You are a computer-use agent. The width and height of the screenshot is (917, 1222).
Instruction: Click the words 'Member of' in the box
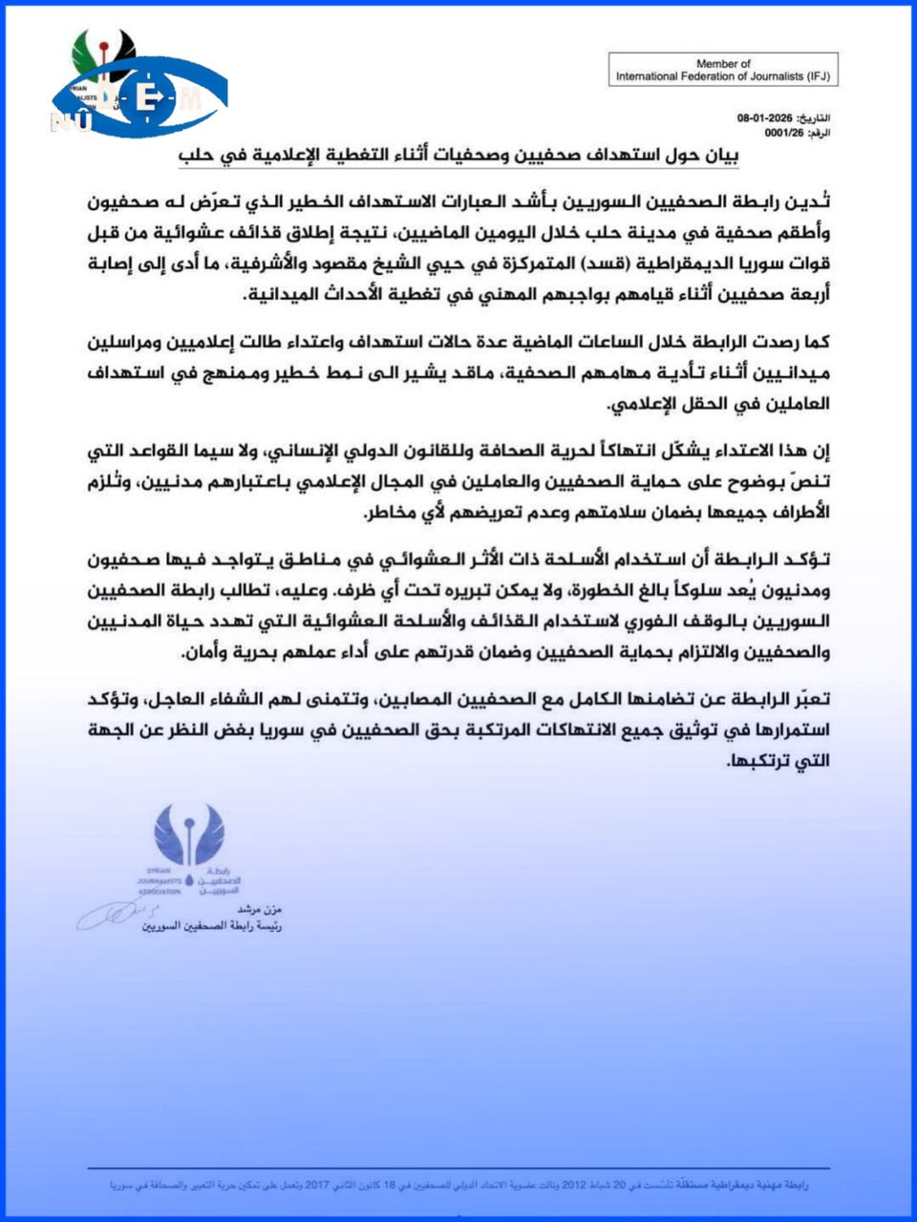(x=723, y=64)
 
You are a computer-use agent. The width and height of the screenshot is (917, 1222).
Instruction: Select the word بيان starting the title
(x=725, y=157)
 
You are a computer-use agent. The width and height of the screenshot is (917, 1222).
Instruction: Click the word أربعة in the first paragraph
(x=810, y=294)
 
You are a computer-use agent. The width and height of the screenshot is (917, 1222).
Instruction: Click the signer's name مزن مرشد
(x=259, y=910)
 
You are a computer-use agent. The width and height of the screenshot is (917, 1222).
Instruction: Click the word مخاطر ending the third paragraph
(x=389, y=513)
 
